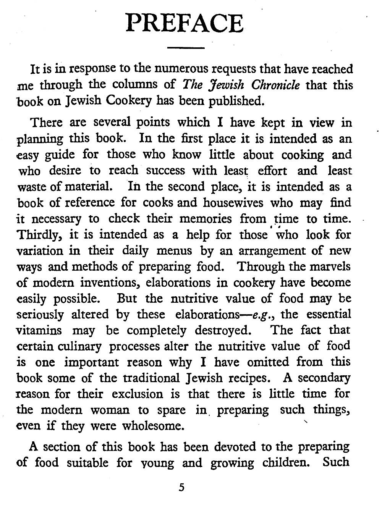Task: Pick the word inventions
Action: point(110,283)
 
